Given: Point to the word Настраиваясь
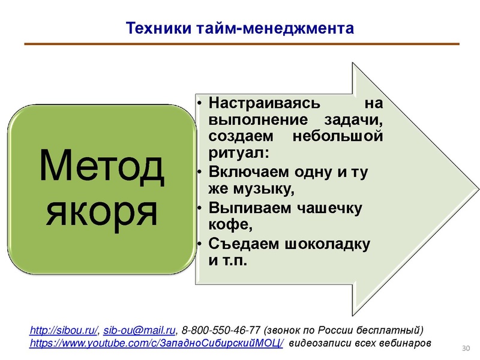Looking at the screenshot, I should click(263, 103).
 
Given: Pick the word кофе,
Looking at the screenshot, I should click(227, 226).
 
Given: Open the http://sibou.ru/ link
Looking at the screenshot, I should click(64, 331).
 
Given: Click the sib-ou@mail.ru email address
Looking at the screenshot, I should click(140, 331).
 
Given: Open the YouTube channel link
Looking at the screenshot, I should click(157, 344).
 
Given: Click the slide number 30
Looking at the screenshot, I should click(464, 349).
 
